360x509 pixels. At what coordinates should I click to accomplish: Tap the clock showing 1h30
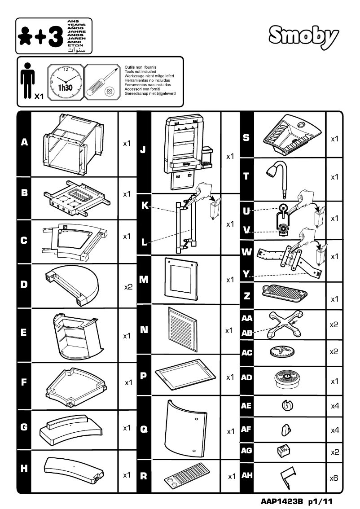[x=66, y=82]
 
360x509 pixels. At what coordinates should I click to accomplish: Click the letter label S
[x=246, y=137]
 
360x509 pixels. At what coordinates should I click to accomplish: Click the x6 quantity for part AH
[x=334, y=478]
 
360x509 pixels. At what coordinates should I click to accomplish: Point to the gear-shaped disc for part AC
[x=283, y=352]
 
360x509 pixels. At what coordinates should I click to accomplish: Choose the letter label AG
[x=246, y=451]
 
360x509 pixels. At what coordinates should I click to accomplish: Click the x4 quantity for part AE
[x=334, y=406]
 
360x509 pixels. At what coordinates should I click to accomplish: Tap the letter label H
[x=24, y=468]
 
